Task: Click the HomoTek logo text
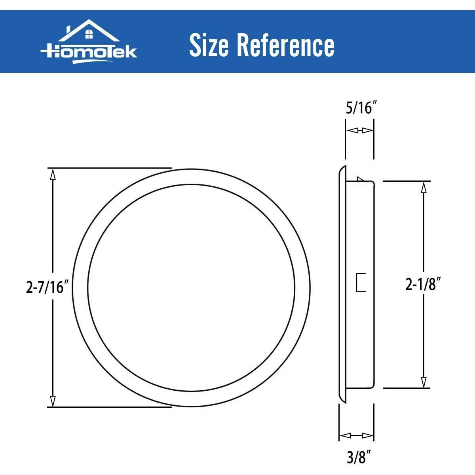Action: pyautogui.click(x=89, y=51)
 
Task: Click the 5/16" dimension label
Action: pyautogui.click(x=359, y=108)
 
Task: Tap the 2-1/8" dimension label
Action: pyautogui.click(x=423, y=284)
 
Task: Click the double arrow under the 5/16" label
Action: pyautogui.click(x=359, y=130)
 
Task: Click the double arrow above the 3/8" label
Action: pyautogui.click(x=357, y=436)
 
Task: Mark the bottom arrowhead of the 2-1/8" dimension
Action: pyautogui.click(x=424, y=382)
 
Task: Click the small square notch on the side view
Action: pyautogui.click(x=361, y=283)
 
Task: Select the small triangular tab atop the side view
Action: pyautogui.click(x=360, y=179)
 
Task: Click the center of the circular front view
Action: pyautogui.click(x=191, y=288)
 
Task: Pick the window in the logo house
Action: pyautogui.click(x=89, y=35)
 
